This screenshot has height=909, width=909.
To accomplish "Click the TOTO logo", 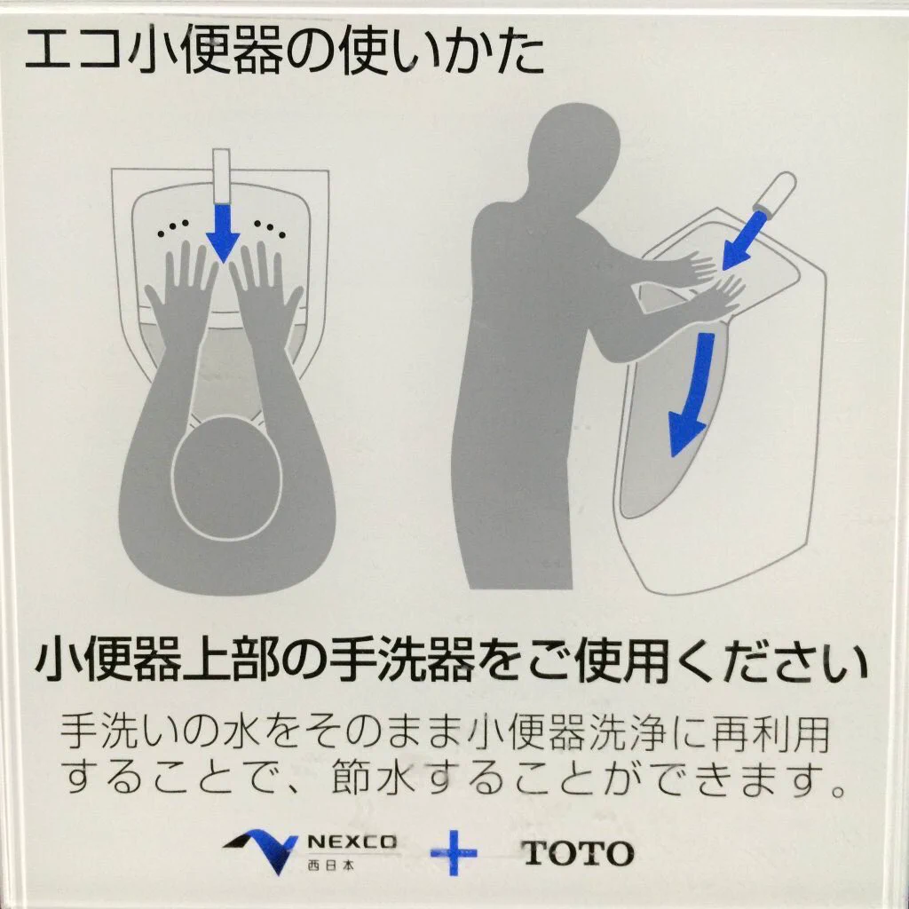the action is pos(577,853).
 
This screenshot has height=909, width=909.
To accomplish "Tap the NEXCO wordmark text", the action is pos(352,842).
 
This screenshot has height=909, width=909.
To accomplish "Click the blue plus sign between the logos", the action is pos(454,853).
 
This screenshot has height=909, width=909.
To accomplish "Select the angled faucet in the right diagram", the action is pos(773,194).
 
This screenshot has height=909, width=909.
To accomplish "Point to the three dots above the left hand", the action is pos(173,228).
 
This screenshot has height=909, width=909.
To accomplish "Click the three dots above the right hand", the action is pos(270,228).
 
